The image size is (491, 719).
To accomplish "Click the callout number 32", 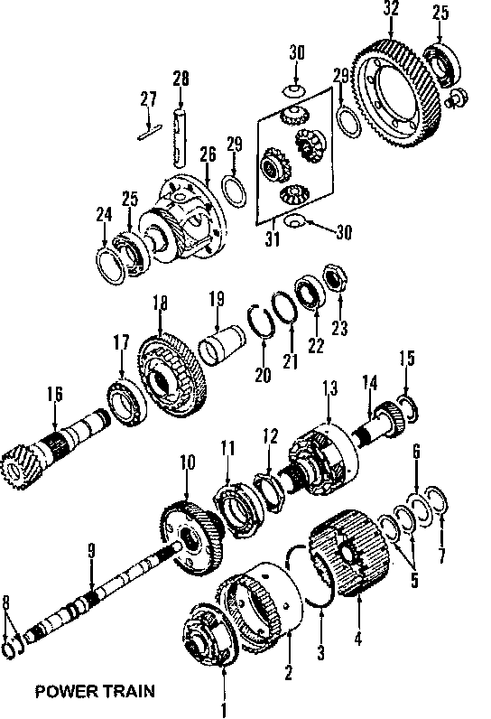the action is click(x=391, y=9).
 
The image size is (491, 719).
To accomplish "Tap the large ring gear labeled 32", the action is click(x=396, y=93).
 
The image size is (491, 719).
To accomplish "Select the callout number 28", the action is click(x=181, y=79).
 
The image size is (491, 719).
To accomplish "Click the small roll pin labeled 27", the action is click(x=149, y=131).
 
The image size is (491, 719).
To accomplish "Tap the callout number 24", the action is click(x=104, y=215).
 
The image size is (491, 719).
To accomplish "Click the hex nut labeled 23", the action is click(x=336, y=278).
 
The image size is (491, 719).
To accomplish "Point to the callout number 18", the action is click(x=160, y=303).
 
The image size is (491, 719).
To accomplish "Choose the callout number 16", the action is click(x=54, y=395).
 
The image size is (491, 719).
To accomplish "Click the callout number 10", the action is click(x=188, y=462).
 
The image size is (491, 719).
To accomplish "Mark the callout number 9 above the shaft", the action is click(x=91, y=551).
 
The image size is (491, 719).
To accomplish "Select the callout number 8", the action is click(x=5, y=602).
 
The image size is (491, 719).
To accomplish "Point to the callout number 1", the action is click(x=224, y=710).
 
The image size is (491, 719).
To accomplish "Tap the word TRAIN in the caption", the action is click(x=128, y=691).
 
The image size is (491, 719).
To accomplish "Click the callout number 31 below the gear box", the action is click(x=273, y=238).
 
